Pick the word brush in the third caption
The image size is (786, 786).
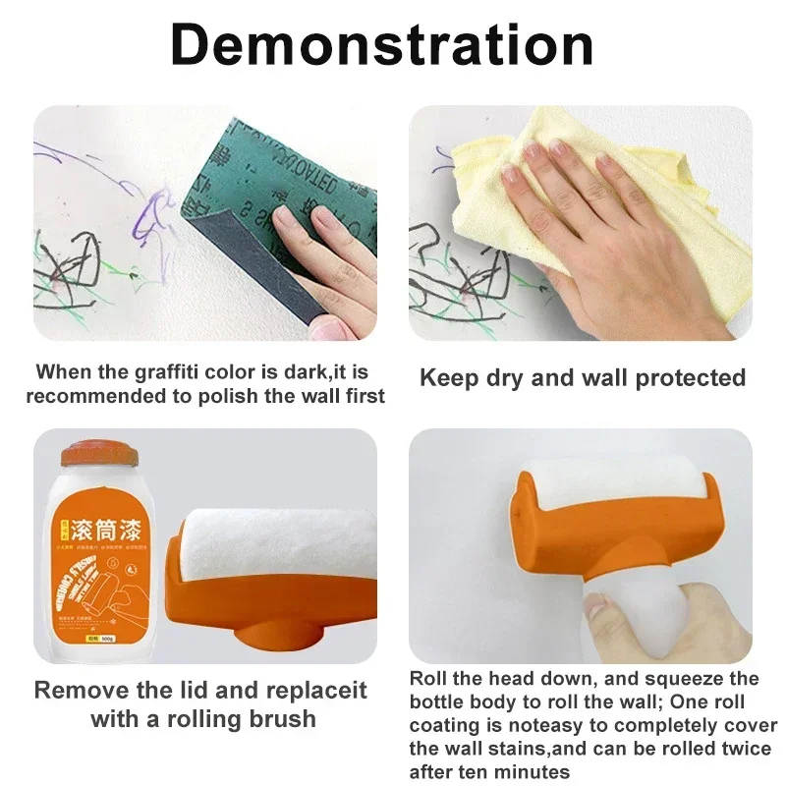(x=281, y=719)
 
